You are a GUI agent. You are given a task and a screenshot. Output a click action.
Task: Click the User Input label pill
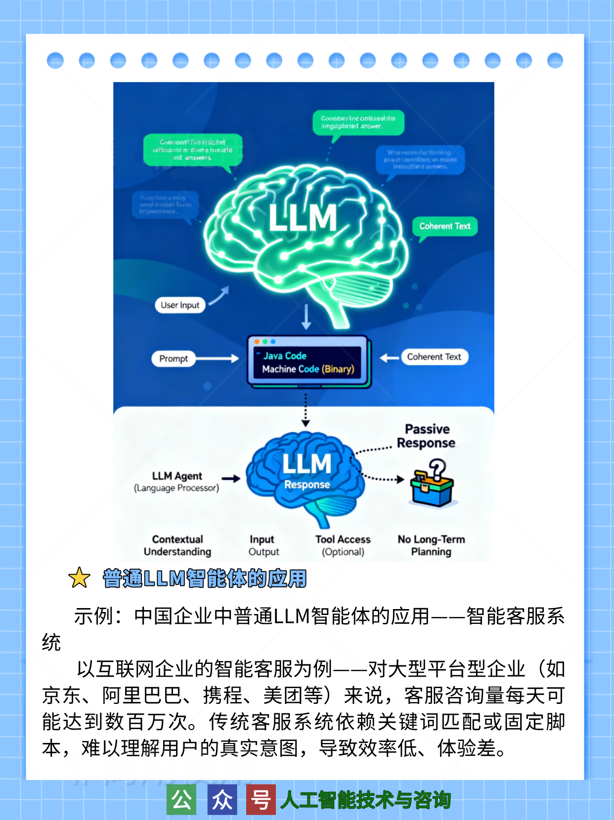[180, 305]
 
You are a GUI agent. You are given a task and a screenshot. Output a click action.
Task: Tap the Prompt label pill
[174, 359]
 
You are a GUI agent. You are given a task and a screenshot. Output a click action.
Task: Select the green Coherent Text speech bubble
[445, 226]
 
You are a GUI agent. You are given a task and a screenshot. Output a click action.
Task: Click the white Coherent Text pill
[434, 357]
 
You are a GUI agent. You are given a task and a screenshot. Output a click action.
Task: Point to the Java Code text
[285, 356]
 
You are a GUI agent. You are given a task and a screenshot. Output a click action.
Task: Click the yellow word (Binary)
[338, 369]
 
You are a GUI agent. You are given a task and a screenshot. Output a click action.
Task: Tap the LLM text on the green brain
[303, 218]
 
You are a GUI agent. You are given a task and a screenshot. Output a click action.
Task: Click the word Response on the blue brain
[307, 485]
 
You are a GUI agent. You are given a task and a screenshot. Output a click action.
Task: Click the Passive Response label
[426, 436]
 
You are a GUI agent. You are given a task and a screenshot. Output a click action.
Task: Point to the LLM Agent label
[177, 476]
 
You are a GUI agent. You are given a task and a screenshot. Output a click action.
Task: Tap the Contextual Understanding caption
[177, 545]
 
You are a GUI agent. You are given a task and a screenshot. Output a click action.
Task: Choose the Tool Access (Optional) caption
[343, 545]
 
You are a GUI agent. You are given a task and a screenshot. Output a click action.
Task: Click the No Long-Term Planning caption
[431, 545]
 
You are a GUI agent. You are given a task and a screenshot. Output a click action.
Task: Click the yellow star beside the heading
[79, 578]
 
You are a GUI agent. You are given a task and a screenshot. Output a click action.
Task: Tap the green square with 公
[181, 799]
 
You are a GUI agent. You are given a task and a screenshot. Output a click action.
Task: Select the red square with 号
[261, 799]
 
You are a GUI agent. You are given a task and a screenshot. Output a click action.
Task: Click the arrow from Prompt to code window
[218, 359]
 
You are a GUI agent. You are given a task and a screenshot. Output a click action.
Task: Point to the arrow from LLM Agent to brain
[231, 478]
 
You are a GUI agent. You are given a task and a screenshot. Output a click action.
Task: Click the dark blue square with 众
[222, 799]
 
